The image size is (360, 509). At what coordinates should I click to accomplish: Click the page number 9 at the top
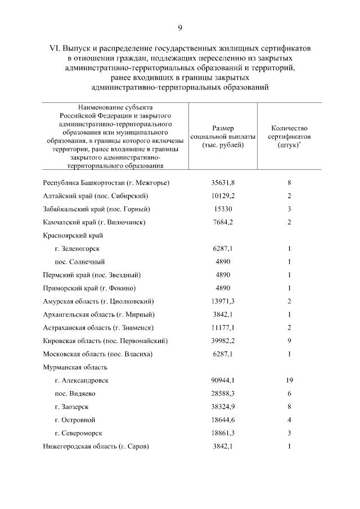[180, 28]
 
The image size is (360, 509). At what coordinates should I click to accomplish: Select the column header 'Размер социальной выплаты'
[223, 136]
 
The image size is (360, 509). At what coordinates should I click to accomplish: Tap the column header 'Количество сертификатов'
[289, 136]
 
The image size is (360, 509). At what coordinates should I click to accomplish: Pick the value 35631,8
[223, 183]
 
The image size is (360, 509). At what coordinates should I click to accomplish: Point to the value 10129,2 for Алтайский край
[223, 196]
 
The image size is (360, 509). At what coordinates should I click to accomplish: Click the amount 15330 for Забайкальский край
[223, 209]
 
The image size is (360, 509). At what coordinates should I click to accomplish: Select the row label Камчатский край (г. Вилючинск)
[94, 222]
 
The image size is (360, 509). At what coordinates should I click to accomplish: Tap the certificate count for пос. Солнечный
[289, 262]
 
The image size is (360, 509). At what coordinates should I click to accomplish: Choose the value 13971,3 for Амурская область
[223, 301]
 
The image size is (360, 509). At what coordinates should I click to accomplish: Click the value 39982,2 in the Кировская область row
[223, 341]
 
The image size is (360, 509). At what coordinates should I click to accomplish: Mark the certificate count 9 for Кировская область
[289, 341]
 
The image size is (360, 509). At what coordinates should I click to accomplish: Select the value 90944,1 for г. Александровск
[223, 380]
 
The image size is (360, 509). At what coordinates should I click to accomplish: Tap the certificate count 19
[289, 380]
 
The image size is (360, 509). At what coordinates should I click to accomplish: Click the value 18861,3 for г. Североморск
[223, 433]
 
